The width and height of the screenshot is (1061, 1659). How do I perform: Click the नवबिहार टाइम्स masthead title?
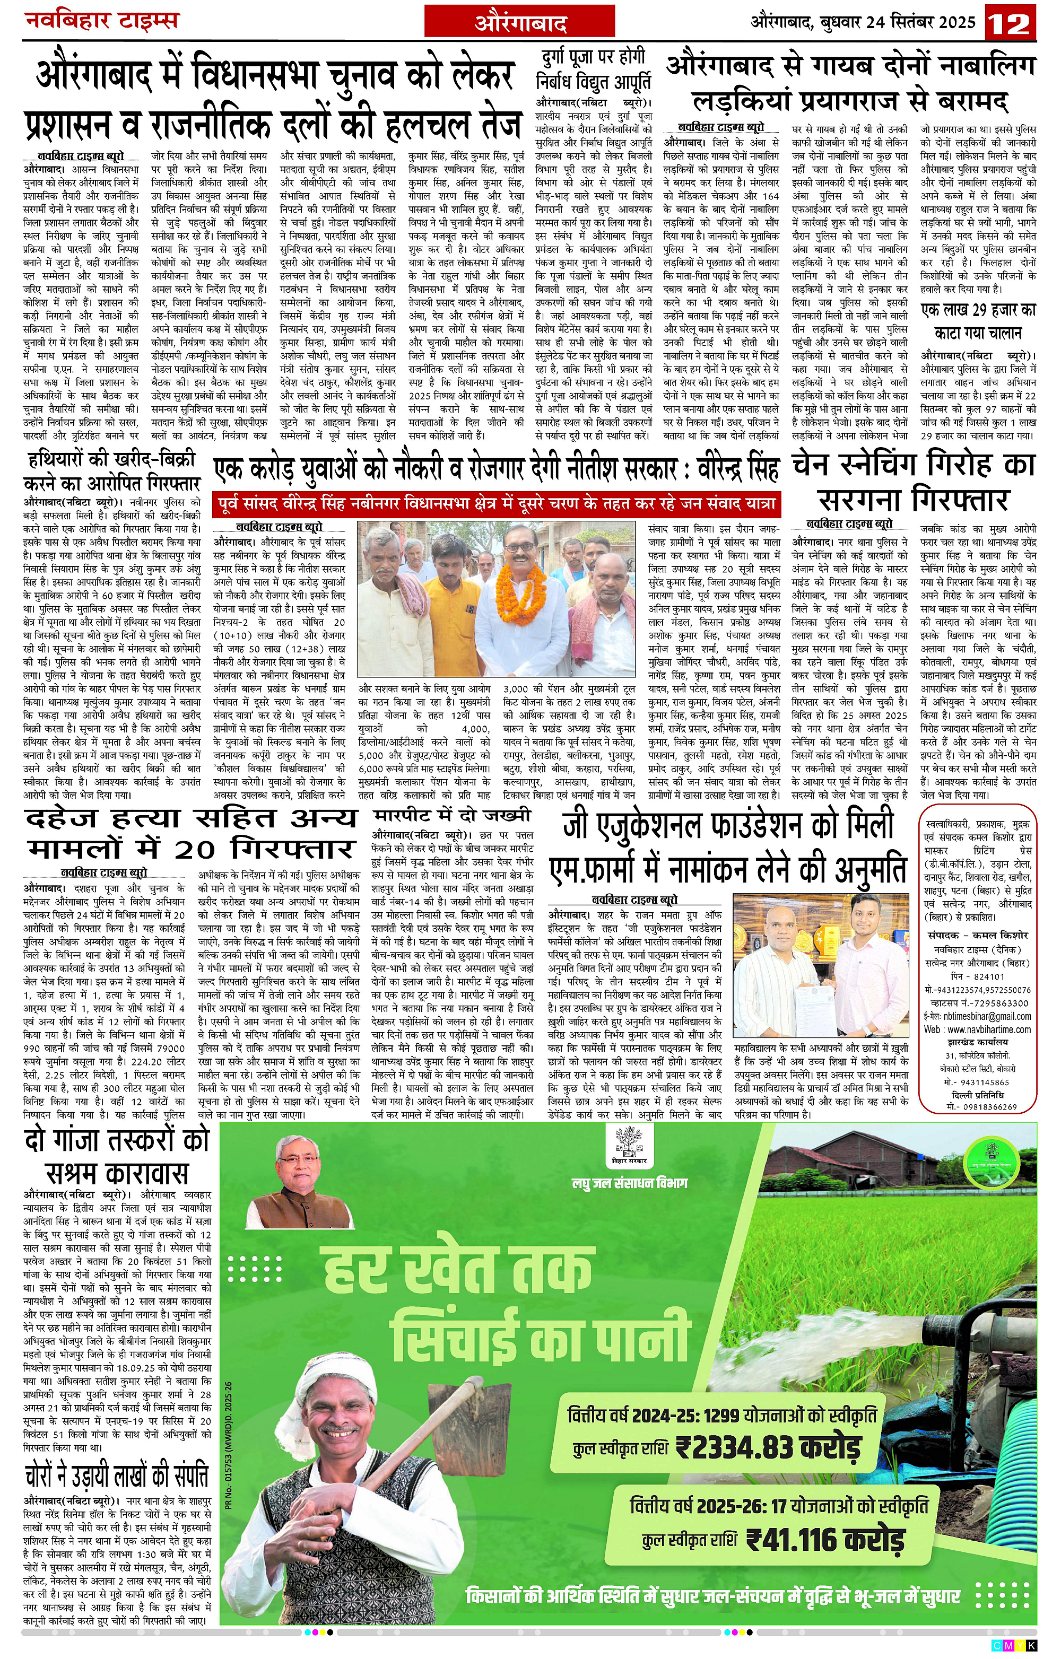(102, 20)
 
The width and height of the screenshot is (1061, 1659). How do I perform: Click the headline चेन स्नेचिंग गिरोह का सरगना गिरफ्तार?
(914, 482)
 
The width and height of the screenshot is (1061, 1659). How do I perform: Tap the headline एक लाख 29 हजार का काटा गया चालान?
(978, 322)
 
